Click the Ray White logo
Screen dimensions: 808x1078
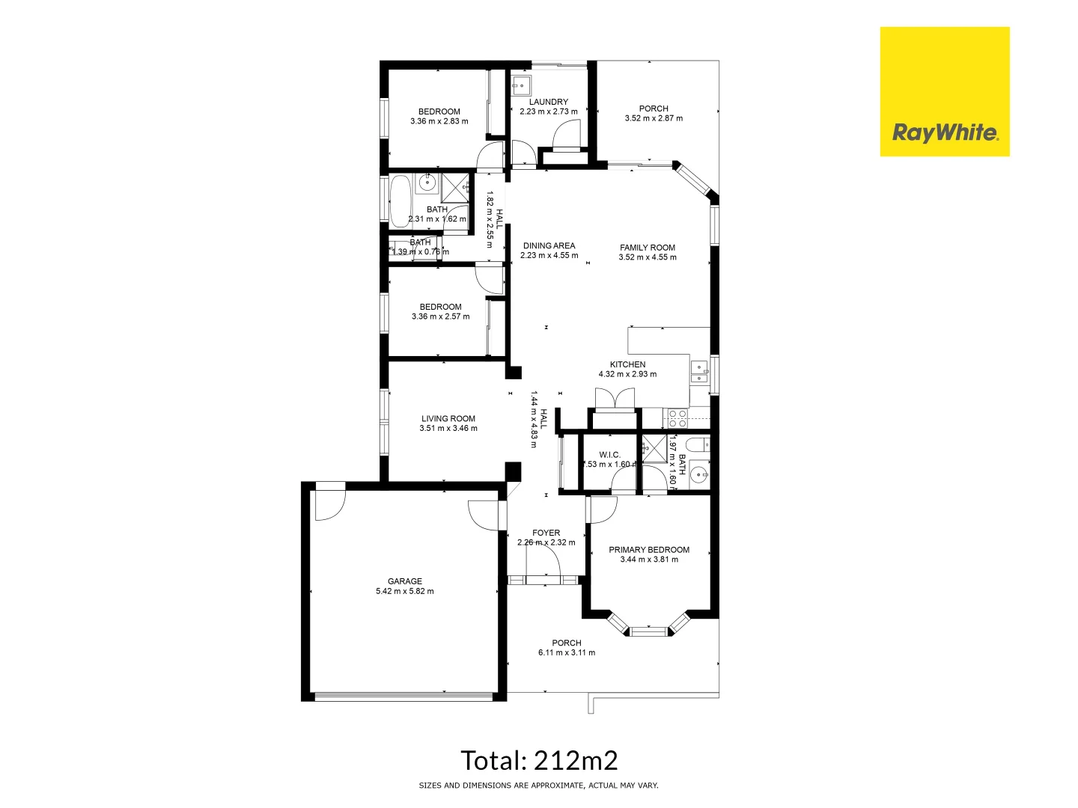(x=945, y=92)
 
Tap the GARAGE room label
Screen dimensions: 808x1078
(x=405, y=581)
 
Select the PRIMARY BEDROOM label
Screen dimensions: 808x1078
(x=649, y=550)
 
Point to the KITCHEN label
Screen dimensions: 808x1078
(x=627, y=364)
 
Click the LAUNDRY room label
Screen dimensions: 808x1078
(x=549, y=102)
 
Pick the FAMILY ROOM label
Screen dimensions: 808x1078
(x=648, y=248)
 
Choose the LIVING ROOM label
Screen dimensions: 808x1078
(x=448, y=419)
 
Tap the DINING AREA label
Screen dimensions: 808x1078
(x=549, y=245)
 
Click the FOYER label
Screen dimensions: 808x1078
(x=546, y=533)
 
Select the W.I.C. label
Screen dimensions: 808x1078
(x=610, y=455)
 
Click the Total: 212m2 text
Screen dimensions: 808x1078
(x=539, y=761)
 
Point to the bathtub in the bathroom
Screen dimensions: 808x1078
(x=400, y=201)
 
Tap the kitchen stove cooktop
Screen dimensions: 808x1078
(x=677, y=418)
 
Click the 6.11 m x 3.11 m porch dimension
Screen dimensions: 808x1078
(x=567, y=652)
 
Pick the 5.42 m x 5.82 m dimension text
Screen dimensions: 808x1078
(x=405, y=591)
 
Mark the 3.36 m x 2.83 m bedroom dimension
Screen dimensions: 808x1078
(x=439, y=121)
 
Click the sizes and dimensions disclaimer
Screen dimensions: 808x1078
(x=539, y=786)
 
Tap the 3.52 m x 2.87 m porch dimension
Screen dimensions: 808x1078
(x=654, y=118)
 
